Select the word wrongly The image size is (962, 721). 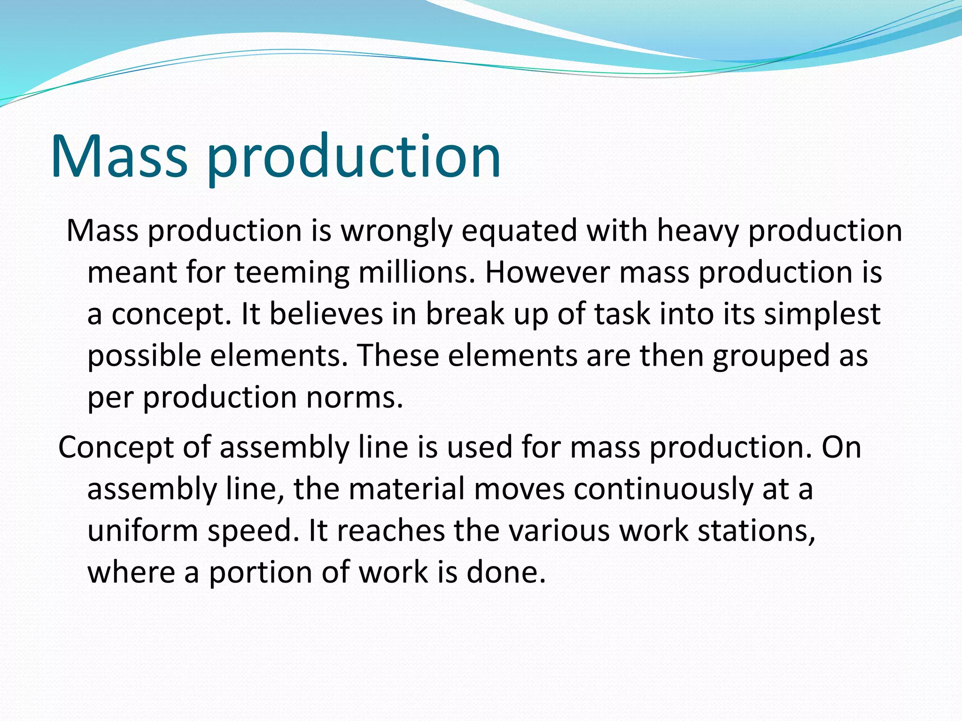click(396, 231)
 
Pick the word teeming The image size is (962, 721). click(292, 273)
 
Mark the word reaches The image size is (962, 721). click(391, 530)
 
